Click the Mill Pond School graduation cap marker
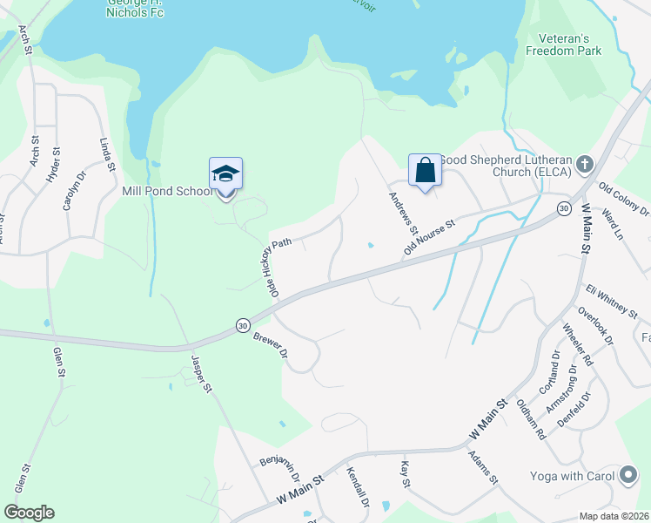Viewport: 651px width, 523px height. pos(225,173)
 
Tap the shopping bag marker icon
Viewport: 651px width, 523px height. pos(425,170)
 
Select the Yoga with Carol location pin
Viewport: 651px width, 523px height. pos(628,475)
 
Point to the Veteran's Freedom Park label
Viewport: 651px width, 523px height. pos(563,44)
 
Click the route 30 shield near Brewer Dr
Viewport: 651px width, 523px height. pos(242,325)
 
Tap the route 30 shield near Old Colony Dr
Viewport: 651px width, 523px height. pos(564,208)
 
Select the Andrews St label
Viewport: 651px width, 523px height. pos(400,213)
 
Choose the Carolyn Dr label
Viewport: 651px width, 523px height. pos(70,190)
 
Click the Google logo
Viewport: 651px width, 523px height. pos(29,513)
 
